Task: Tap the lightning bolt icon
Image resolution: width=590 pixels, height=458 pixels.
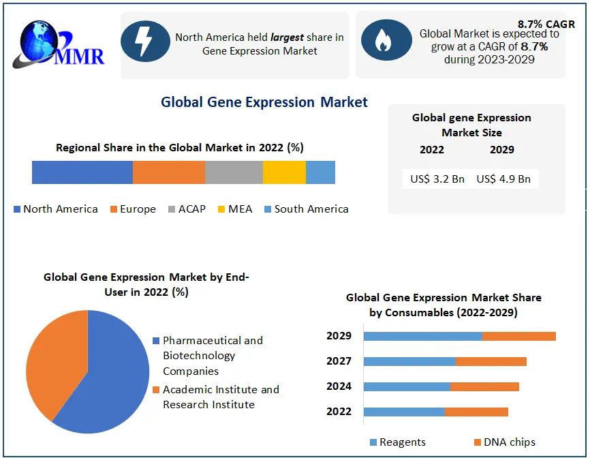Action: coord(145,42)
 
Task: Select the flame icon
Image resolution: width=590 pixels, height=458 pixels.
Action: coord(384,42)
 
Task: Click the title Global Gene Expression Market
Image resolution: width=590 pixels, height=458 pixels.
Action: coord(264,102)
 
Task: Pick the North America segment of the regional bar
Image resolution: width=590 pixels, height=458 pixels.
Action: coord(82,172)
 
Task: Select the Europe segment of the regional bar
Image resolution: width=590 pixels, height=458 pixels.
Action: coord(169,172)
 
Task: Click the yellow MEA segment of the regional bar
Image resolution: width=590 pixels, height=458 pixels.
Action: coord(284,172)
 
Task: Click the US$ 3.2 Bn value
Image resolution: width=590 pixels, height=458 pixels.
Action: coord(437,179)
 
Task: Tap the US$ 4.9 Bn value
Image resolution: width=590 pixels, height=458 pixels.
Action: coord(503,179)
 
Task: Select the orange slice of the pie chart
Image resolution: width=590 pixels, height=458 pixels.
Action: coord(55,361)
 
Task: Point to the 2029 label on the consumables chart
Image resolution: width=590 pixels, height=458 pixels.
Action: coord(339,336)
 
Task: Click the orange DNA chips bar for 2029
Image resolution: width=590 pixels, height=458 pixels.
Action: coord(519,336)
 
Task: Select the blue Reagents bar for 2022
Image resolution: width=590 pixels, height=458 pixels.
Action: coord(404,412)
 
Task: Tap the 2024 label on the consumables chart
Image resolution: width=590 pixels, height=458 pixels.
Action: coord(339,386)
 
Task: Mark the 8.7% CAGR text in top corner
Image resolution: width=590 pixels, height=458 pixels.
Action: coord(546,23)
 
